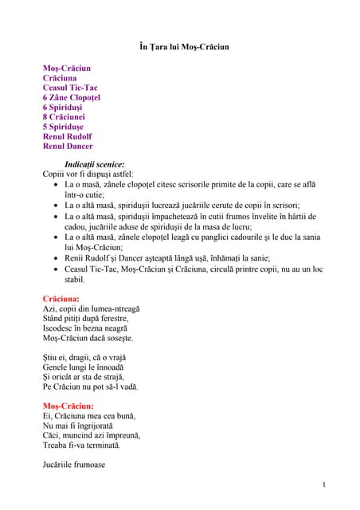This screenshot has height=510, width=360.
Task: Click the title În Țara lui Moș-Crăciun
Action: tap(179, 47)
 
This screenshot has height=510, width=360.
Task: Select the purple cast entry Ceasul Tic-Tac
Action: tap(70, 88)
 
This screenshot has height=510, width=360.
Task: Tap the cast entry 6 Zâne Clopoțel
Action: tap(71, 97)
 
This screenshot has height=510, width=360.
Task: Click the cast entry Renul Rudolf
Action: tap(68, 136)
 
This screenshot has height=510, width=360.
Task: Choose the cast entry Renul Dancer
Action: tap(68, 146)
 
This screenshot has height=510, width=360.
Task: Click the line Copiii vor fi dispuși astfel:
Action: tap(88, 174)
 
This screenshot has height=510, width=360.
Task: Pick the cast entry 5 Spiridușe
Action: tap(67, 127)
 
